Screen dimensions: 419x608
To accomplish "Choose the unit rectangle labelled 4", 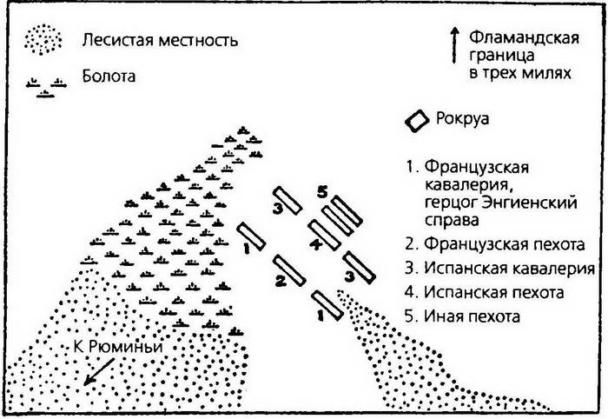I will click(324, 235).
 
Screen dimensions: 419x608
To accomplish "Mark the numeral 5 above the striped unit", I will click(322, 193).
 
